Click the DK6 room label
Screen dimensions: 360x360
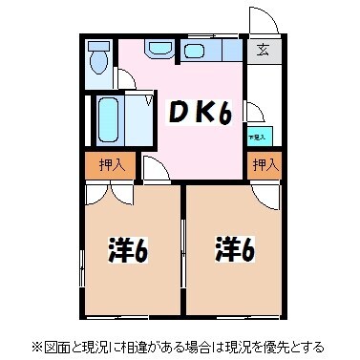coord(201,112)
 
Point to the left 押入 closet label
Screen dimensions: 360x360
coord(112,165)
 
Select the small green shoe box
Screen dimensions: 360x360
coord(258,137)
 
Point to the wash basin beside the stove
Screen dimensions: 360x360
coord(159,49)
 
